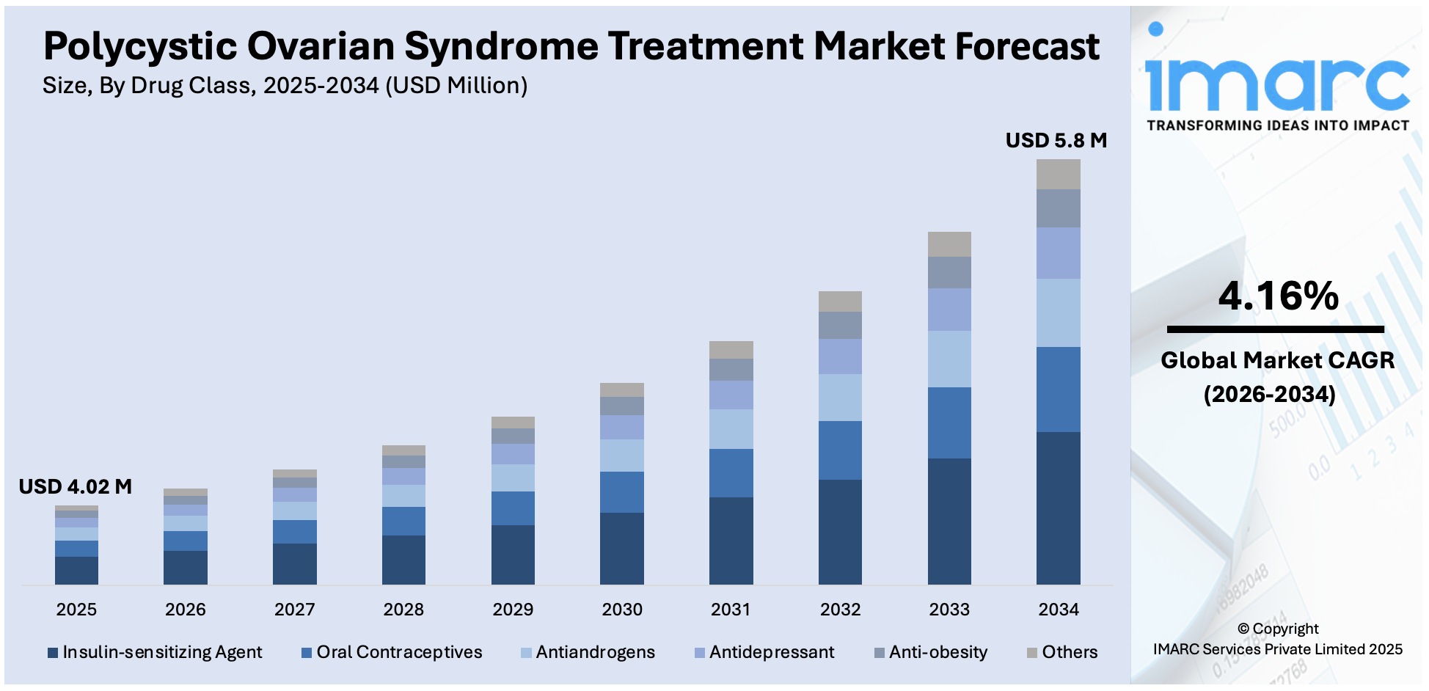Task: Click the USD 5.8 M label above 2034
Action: coord(1055,141)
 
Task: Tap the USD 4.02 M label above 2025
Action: coord(75,487)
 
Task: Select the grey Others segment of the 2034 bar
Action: coord(1058,175)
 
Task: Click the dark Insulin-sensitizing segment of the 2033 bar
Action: coord(949,521)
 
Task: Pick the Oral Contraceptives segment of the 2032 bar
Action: coord(840,450)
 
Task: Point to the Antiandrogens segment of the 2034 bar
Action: coord(1058,312)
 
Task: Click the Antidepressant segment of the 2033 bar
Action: coord(949,310)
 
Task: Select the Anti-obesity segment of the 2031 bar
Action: coord(731,370)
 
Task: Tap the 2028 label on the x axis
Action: coord(403,610)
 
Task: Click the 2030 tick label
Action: coord(622,610)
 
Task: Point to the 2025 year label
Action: coord(76,610)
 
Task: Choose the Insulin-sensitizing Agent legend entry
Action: coord(155,652)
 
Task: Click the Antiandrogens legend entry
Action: coord(588,652)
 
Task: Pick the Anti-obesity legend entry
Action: coord(931,652)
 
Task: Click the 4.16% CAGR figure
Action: coord(1278,296)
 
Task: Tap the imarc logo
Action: coord(1276,77)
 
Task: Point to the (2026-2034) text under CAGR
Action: coord(1269,395)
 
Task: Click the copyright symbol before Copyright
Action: coord(1243,629)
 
